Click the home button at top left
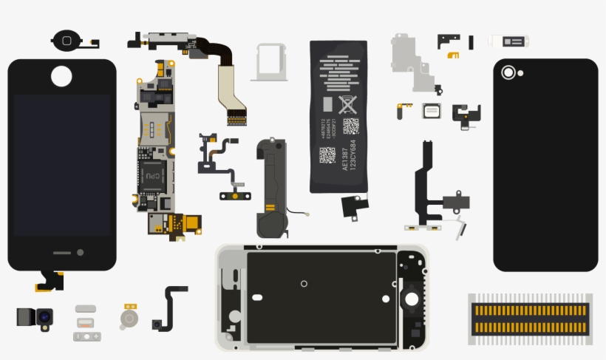click(x=68, y=40)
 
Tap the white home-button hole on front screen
click(x=61, y=75)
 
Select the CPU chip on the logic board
click(x=151, y=175)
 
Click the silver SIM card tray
click(x=270, y=61)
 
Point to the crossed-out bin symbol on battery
click(x=347, y=104)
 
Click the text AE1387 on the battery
click(x=345, y=159)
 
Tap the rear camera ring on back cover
click(x=508, y=72)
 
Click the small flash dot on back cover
click(x=520, y=73)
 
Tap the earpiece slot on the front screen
click(x=62, y=253)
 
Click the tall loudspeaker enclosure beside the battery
click(x=271, y=189)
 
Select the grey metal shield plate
click(x=412, y=61)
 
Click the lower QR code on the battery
click(x=327, y=154)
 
